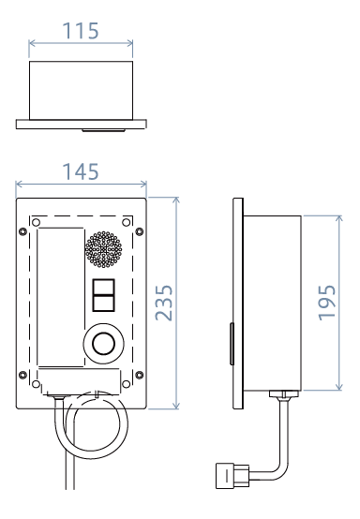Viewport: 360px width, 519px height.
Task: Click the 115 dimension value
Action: [x=81, y=31]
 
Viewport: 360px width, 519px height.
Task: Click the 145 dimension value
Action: [x=81, y=171]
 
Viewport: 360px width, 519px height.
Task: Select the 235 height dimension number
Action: [x=164, y=303]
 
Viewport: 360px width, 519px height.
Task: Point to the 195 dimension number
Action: [x=327, y=303]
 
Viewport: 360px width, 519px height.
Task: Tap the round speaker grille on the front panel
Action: [x=103, y=249]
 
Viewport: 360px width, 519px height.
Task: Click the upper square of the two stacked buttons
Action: [x=104, y=287]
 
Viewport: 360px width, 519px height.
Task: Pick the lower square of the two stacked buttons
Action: [x=104, y=304]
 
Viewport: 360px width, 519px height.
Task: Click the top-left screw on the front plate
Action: [x=22, y=231]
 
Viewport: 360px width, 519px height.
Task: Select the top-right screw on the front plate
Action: [x=140, y=231]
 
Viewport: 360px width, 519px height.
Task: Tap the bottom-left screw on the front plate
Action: [x=22, y=375]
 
